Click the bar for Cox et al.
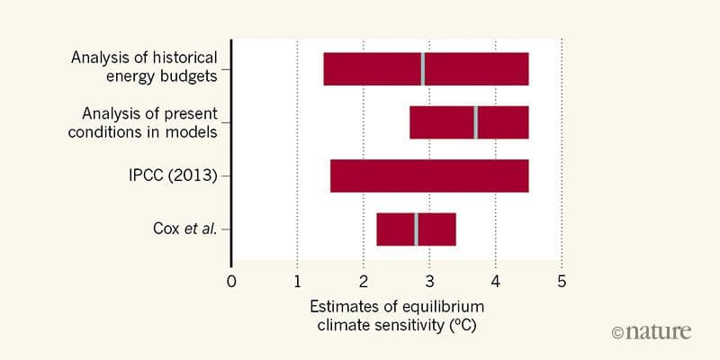396,229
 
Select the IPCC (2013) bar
428,175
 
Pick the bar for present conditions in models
441,121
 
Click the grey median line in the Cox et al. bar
416,229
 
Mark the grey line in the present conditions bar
475,121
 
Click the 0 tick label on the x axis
231,278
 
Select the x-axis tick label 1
297,278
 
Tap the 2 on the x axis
363,278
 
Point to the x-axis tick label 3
429,278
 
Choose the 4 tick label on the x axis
495,278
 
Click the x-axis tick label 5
562,278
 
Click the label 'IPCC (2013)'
174,175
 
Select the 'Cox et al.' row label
184,229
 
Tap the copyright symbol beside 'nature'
617,332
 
